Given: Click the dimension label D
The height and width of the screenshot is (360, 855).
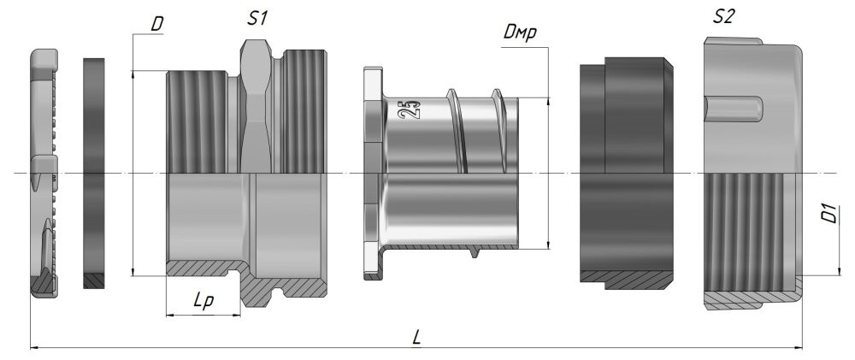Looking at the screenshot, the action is [x=157, y=25].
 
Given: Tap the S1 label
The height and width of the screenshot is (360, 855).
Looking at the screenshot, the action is [x=256, y=19].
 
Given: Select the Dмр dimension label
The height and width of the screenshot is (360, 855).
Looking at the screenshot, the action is [x=520, y=33].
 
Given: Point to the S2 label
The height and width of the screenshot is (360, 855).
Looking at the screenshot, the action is [x=723, y=17].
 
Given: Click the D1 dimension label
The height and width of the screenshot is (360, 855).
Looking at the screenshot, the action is [x=830, y=213].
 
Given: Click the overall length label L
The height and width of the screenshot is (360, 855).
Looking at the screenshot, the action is [x=416, y=338].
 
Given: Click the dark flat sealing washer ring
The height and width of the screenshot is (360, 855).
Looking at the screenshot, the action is [x=94, y=174].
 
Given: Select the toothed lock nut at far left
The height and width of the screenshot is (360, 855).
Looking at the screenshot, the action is [x=44, y=174].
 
